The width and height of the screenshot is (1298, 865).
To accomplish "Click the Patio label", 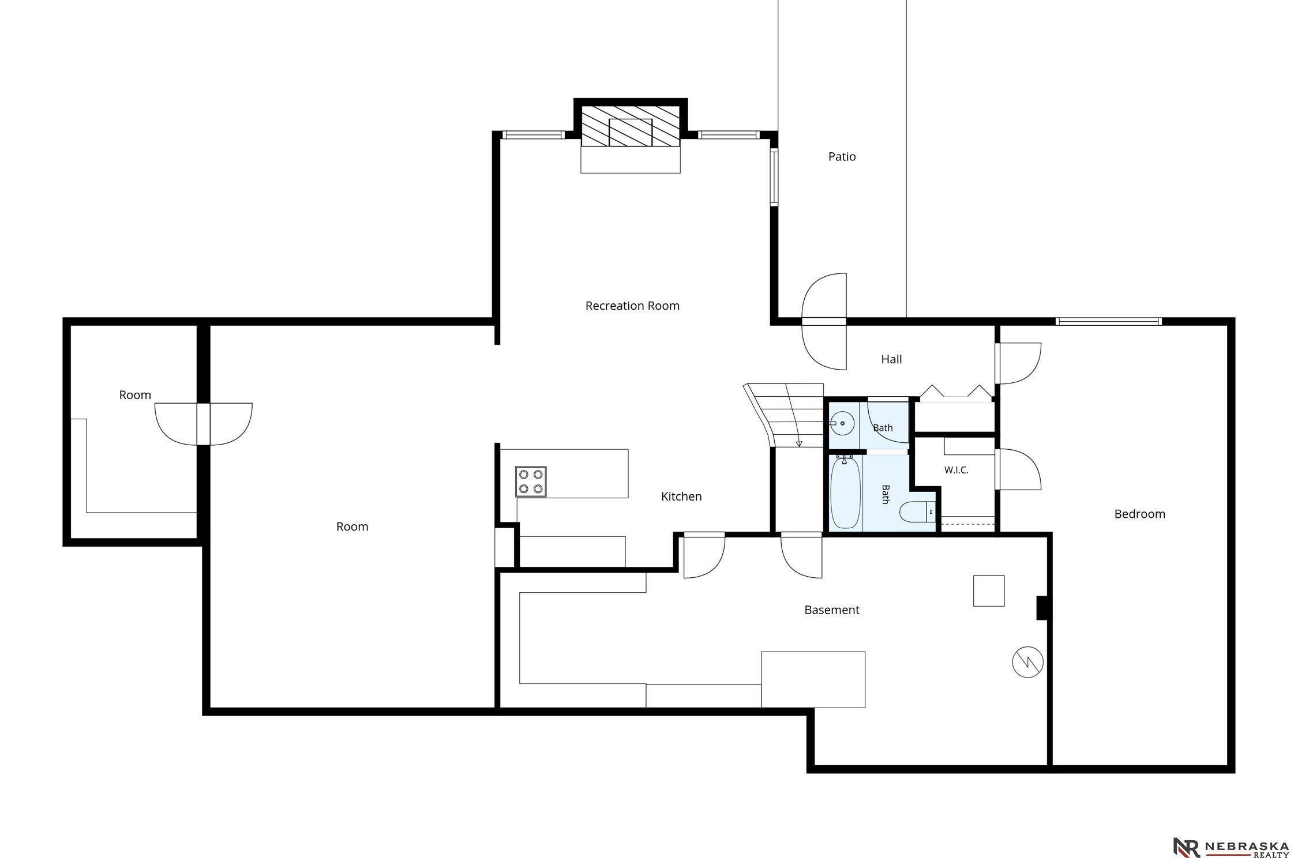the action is (842, 157).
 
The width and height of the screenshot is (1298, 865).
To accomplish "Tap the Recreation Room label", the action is (632, 306).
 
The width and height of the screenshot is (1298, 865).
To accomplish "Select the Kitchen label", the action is (681, 497).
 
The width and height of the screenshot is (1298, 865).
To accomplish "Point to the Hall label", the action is (891, 359).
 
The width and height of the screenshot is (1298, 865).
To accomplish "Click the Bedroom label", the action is (1139, 514).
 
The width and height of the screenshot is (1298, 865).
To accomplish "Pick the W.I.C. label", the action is (956, 470).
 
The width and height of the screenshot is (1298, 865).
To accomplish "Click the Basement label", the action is (831, 610).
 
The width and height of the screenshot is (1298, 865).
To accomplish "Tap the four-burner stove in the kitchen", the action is (531, 482).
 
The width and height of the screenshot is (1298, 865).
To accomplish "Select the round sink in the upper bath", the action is (843, 423).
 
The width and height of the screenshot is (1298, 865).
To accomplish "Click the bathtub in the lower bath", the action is (846, 492).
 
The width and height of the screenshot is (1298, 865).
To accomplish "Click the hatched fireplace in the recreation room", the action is (630, 125).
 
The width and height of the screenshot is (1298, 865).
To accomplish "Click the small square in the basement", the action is (989, 591).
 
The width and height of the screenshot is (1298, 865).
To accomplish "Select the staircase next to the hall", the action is (785, 415).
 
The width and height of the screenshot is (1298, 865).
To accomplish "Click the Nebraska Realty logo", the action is (1231, 847).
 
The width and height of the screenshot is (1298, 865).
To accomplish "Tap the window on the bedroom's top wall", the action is (1108, 321).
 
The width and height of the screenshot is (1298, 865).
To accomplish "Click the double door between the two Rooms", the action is (204, 424).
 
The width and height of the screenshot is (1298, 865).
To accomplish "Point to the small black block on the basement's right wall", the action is (1042, 608).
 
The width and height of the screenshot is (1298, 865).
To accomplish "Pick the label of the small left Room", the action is (135, 395).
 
